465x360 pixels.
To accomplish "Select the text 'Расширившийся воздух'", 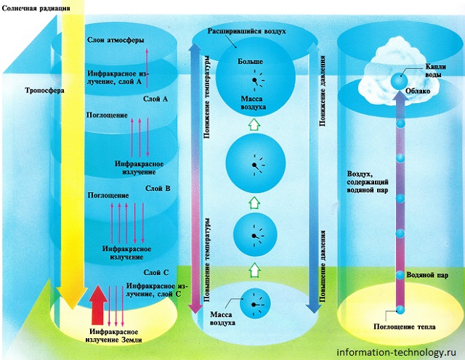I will [251, 32].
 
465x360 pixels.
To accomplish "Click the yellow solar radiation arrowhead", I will [68, 300].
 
